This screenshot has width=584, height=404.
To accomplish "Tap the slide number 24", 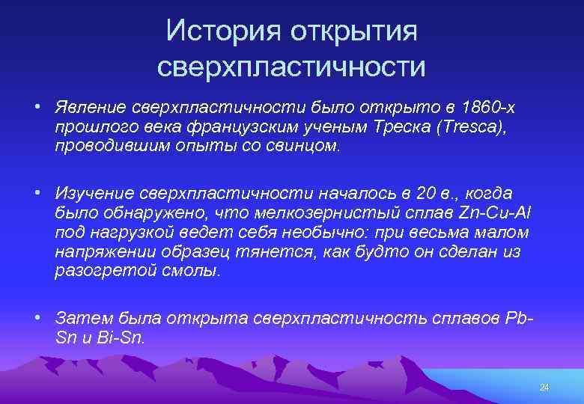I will click(544, 387).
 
